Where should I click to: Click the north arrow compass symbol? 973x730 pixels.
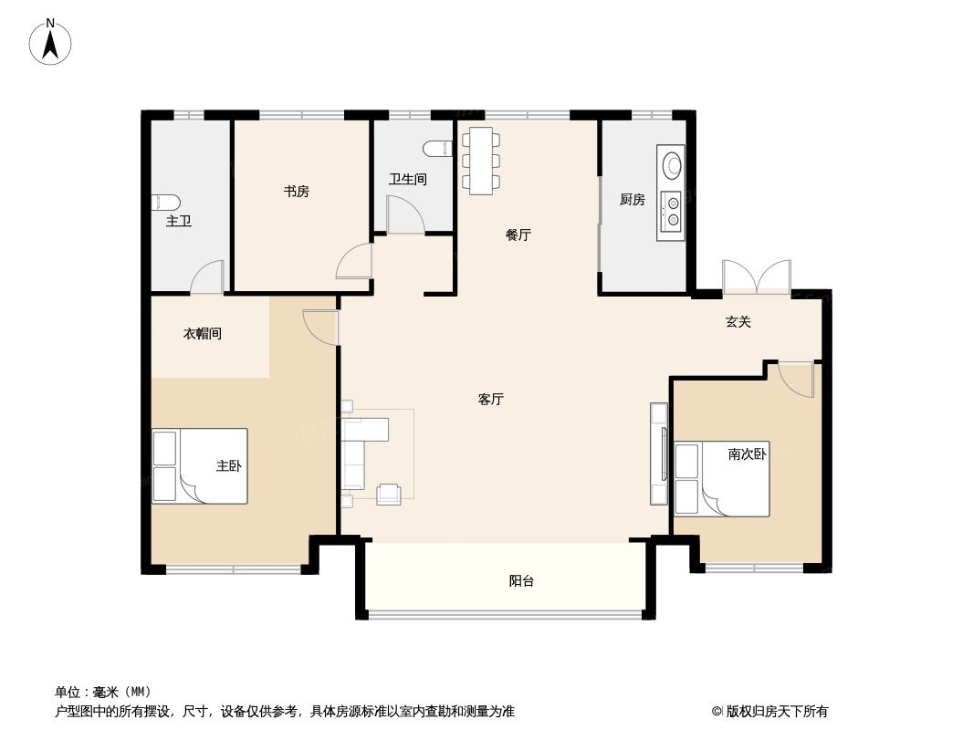pos(51,42)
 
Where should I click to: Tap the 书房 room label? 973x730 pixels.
pos(296,192)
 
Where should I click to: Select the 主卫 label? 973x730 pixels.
pos(179,221)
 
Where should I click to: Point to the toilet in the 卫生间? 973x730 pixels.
pos(438,148)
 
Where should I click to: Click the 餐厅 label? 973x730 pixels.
pos(518,235)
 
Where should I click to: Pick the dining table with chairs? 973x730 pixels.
pos(480,161)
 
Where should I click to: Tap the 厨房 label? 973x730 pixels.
pos(633,200)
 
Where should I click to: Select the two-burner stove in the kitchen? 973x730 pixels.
pos(673,212)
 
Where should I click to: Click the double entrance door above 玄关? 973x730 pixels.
pos(756,277)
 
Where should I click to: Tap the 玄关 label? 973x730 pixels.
pos(738,322)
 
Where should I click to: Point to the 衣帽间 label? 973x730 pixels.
pos(203,334)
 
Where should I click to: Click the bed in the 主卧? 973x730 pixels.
pos(200,466)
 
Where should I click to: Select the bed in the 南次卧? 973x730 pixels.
pos(721,479)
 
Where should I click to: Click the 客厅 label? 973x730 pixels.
pos(491,400)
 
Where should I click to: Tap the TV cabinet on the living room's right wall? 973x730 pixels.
pos(659,454)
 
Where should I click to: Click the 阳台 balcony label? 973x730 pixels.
pos(521,581)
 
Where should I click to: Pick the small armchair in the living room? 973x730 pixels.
pos(389,494)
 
